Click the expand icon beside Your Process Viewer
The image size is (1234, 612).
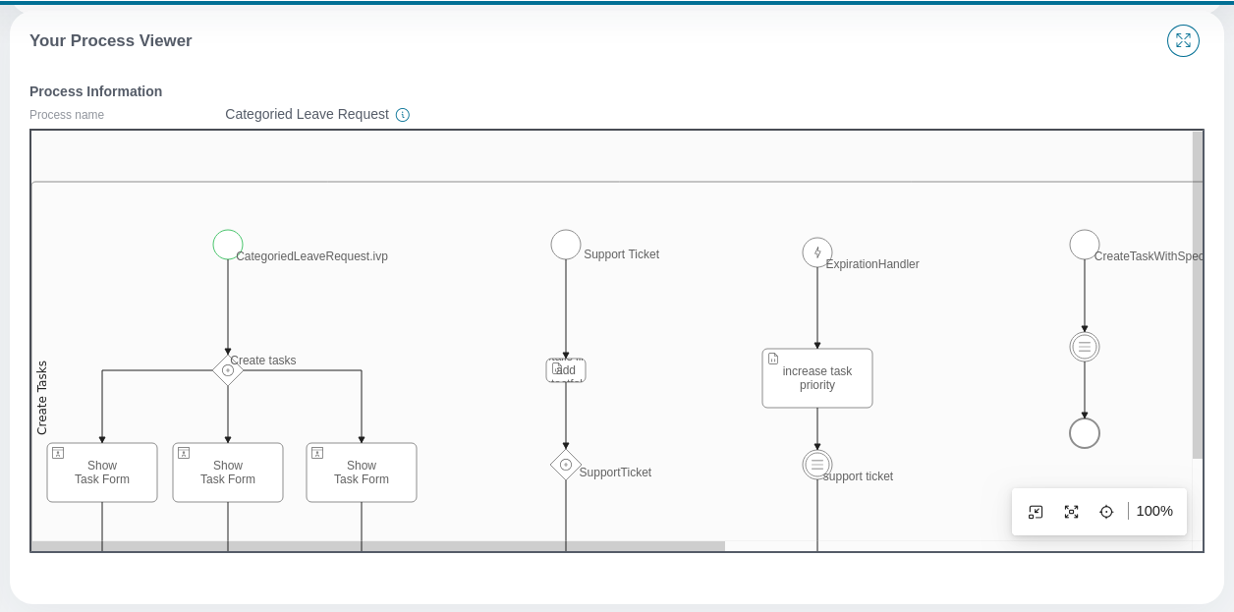click(1183, 40)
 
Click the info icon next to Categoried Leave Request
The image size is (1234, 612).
click(403, 115)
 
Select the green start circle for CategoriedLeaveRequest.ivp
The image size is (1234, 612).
click(228, 245)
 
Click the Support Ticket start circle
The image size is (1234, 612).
click(566, 245)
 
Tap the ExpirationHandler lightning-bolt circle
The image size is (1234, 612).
click(817, 252)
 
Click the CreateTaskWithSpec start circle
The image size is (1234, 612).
click(1085, 245)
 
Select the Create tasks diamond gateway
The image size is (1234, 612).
click(228, 370)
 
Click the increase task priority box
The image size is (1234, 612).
click(817, 378)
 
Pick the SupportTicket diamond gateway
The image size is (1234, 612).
click(566, 465)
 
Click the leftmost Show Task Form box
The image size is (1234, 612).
click(102, 473)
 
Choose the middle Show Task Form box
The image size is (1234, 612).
click(228, 473)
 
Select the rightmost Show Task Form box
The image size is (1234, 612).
click(362, 473)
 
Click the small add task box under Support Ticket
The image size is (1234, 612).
click(566, 370)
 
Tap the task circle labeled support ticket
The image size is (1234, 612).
click(817, 465)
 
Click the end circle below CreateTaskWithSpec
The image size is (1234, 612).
click(1085, 433)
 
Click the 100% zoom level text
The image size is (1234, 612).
click(1154, 511)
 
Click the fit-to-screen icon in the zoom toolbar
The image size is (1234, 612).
click(1071, 512)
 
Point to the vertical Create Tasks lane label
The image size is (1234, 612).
click(42, 398)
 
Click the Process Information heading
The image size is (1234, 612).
click(95, 91)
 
